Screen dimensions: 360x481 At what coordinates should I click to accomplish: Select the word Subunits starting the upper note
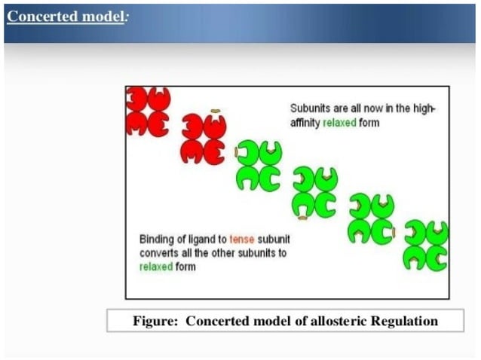tap(311, 108)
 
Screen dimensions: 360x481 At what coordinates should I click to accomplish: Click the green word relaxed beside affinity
tap(339, 122)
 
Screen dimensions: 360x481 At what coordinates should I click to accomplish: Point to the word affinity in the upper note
tap(305, 122)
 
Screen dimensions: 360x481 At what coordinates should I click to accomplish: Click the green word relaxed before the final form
tap(155, 267)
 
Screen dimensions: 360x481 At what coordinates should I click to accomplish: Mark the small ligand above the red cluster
tap(215, 111)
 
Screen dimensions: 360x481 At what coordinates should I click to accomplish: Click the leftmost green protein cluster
tap(259, 165)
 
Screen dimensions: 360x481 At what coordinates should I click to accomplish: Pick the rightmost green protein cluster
tap(426, 246)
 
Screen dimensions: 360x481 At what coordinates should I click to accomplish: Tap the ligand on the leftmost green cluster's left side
tap(237, 153)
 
